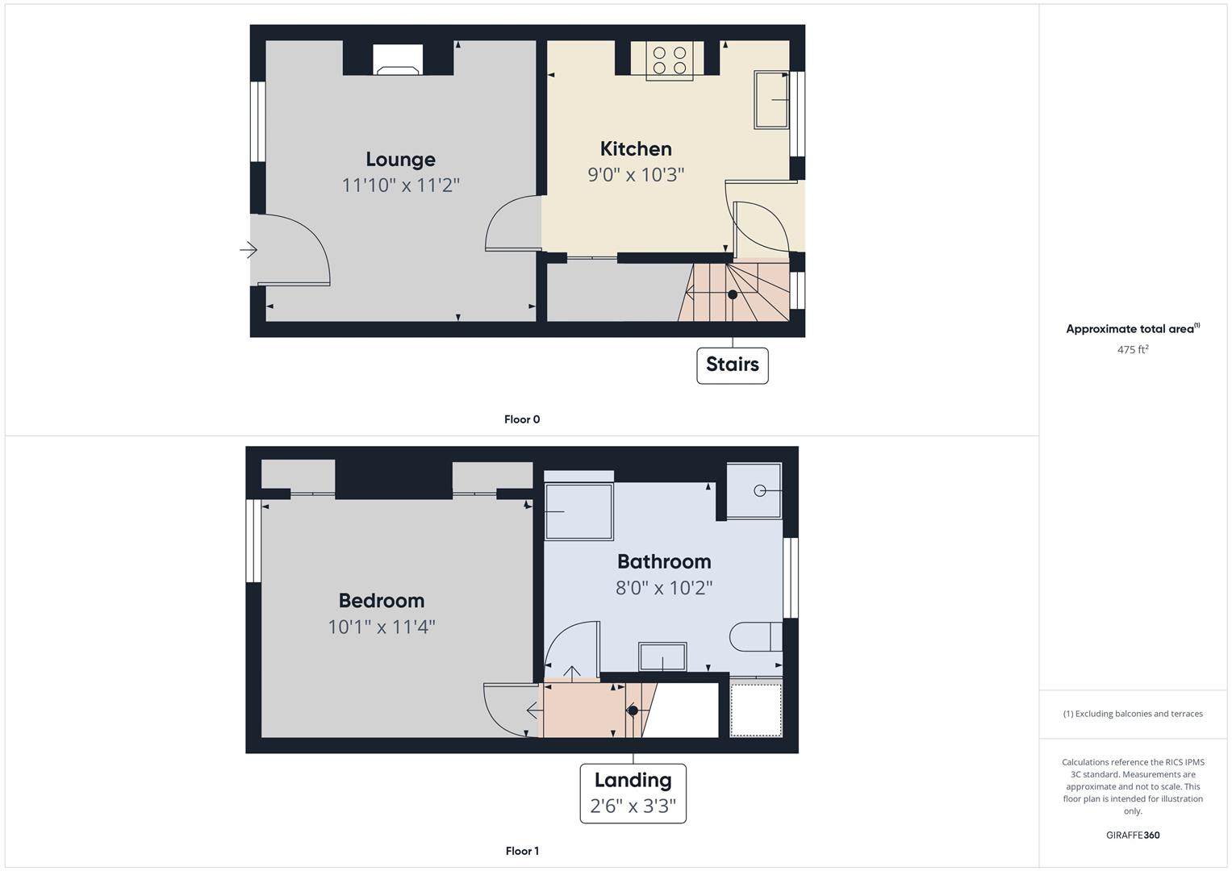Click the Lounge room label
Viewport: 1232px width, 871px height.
[x=400, y=160]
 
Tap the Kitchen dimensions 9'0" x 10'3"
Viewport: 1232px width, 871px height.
[x=636, y=175]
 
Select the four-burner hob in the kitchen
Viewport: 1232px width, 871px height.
[x=670, y=60]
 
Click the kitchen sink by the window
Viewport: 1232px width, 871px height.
[x=771, y=99]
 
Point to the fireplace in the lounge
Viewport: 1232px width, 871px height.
[x=398, y=60]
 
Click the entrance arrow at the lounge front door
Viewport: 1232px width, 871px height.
[x=248, y=250]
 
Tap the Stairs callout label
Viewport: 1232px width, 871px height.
[x=732, y=365]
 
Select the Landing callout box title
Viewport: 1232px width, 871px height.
[x=633, y=781]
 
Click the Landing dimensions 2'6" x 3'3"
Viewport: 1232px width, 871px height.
[x=633, y=806]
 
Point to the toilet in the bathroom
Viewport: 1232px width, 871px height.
[x=756, y=637]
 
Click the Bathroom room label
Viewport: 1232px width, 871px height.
[x=664, y=561]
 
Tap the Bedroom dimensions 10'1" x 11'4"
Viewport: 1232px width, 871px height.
[x=381, y=627]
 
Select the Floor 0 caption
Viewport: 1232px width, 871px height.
[x=522, y=419]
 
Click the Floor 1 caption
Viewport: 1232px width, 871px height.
[x=522, y=851]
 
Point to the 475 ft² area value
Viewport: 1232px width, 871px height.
[x=1133, y=349]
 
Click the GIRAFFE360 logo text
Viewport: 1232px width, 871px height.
[x=1133, y=836]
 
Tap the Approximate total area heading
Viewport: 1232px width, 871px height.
[x=1133, y=329]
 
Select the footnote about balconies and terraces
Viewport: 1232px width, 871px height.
[x=1133, y=714]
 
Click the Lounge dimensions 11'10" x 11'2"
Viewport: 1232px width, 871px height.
[x=400, y=185]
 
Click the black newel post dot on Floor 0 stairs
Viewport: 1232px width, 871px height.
[x=732, y=294]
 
